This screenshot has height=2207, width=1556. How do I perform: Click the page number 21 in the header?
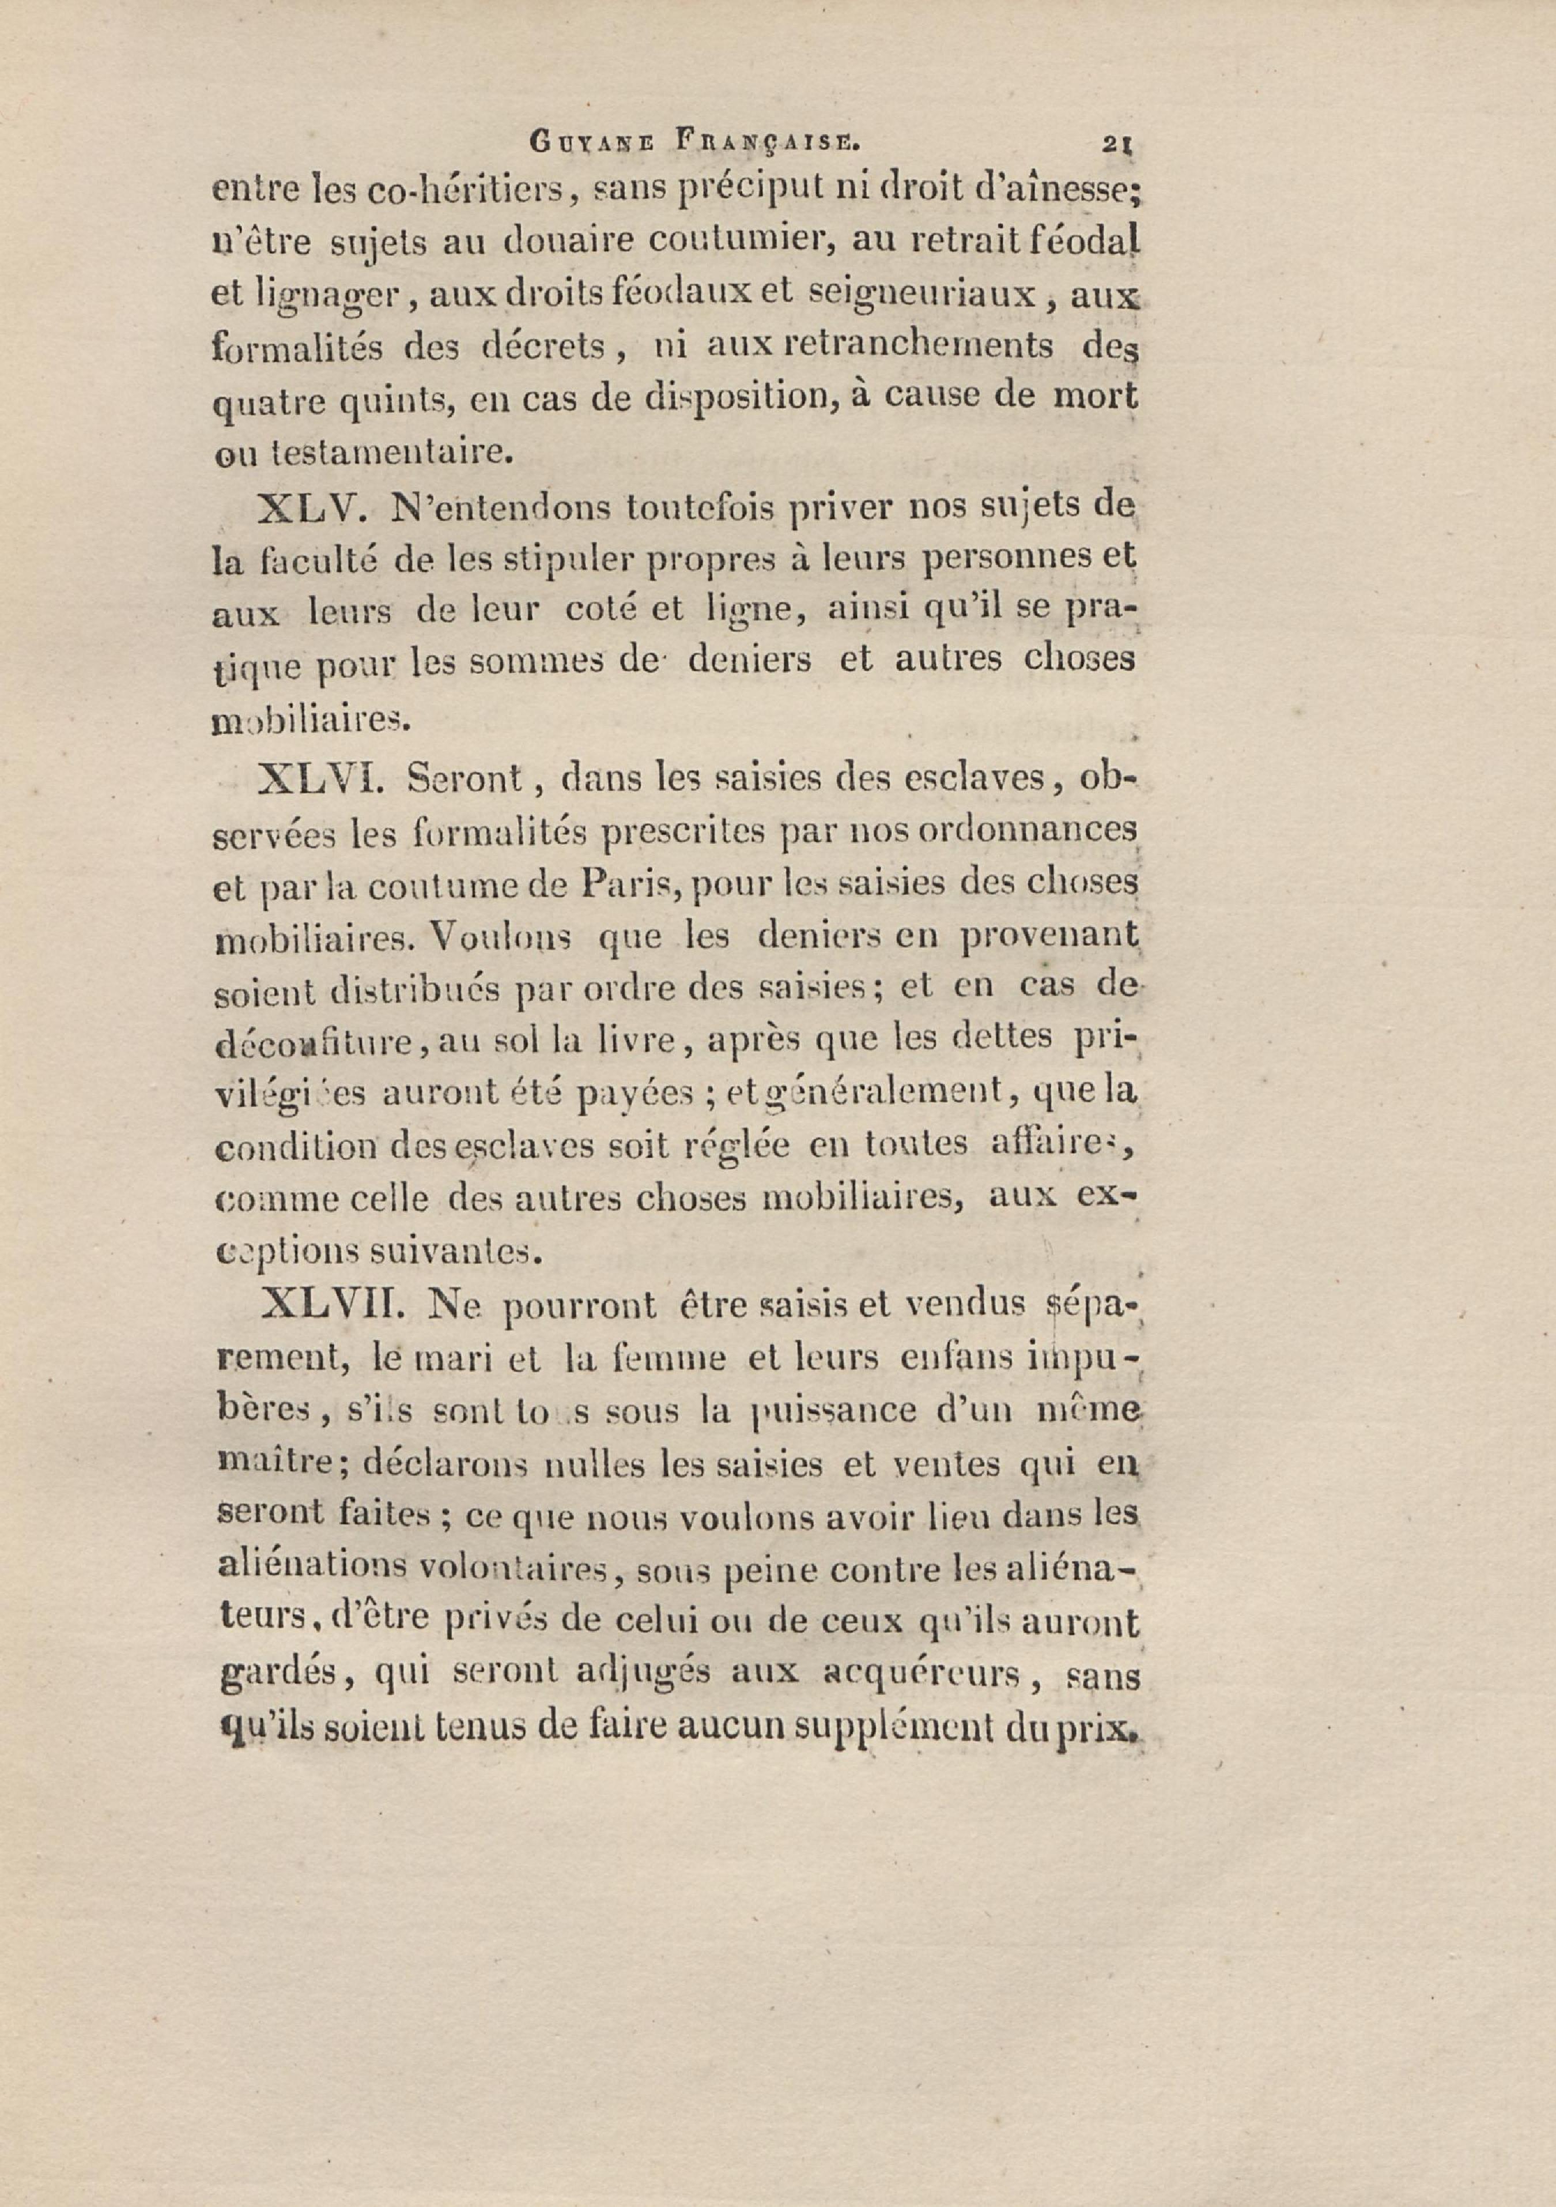(1118, 144)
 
